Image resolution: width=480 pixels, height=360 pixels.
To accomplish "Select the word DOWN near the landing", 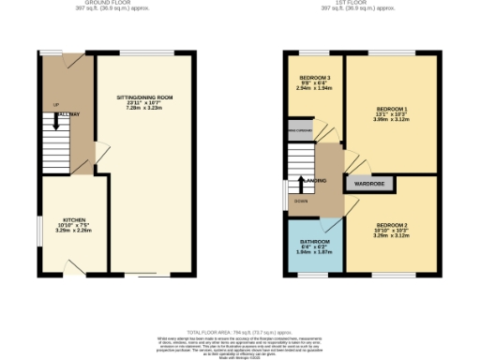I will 301,201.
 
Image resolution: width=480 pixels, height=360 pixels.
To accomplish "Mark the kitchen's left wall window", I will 38,229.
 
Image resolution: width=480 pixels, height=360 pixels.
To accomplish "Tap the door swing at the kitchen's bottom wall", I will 72,268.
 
